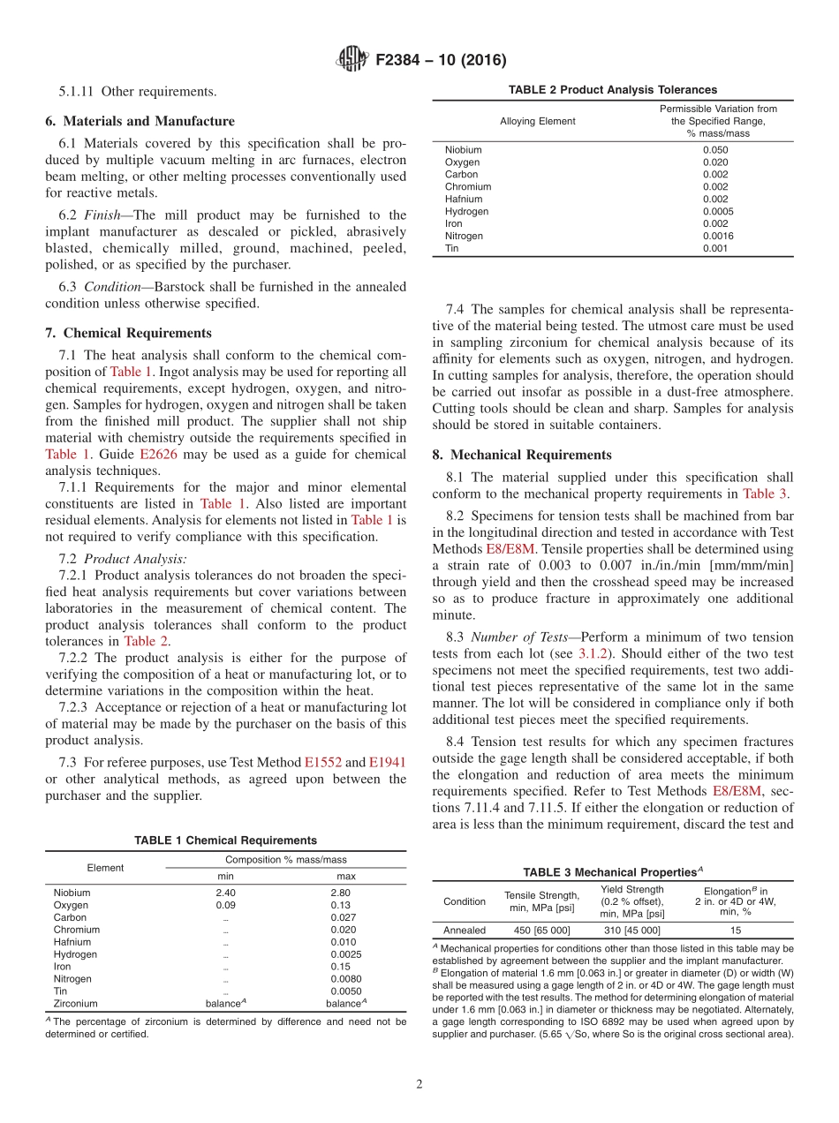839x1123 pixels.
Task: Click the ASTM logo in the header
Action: pyautogui.click(x=353, y=60)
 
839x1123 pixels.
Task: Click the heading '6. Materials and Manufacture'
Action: pyautogui.click(x=140, y=121)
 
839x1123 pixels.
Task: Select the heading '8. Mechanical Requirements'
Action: pyautogui.click(x=522, y=455)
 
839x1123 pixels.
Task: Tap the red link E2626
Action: pyautogui.click(x=159, y=454)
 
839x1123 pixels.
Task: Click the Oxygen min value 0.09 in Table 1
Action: pyautogui.click(x=225, y=905)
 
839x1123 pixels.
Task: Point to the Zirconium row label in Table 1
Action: pyautogui.click(x=76, y=1004)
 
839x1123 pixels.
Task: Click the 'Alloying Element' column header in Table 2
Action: pyautogui.click(x=537, y=121)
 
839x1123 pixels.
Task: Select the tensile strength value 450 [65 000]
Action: pyautogui.click(x=541, y=931)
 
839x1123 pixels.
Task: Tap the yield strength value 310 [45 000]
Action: pyautogui.click(x=631, y=931)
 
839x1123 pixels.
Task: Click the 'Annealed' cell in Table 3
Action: pyautogui.click(x=465, y=931)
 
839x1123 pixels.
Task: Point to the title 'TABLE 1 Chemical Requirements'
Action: pyautogui.click(x=225, y=840)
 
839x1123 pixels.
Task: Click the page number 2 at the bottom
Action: pyautogui.click(x=419, y=1084)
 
